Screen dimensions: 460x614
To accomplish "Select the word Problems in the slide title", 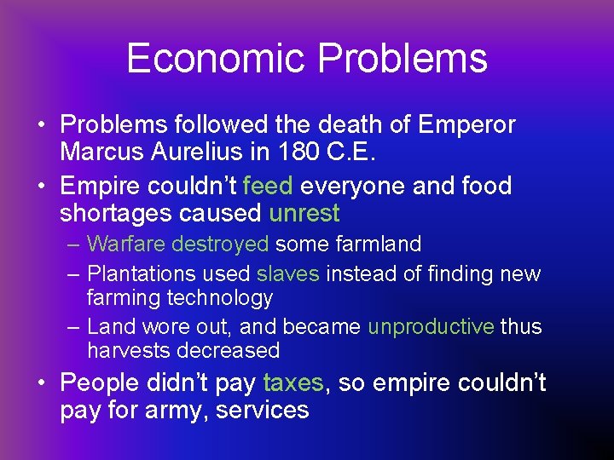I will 403,59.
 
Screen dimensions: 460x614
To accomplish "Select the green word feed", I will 269,187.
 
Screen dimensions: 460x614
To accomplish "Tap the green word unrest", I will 304,213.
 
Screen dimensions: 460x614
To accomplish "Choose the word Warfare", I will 126,244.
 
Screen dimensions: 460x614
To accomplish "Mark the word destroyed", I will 220,244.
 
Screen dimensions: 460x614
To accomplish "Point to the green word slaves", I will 288,274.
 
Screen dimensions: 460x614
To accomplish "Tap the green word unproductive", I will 431,327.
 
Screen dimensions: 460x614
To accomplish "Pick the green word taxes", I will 293,383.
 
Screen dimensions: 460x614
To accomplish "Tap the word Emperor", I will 467,125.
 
